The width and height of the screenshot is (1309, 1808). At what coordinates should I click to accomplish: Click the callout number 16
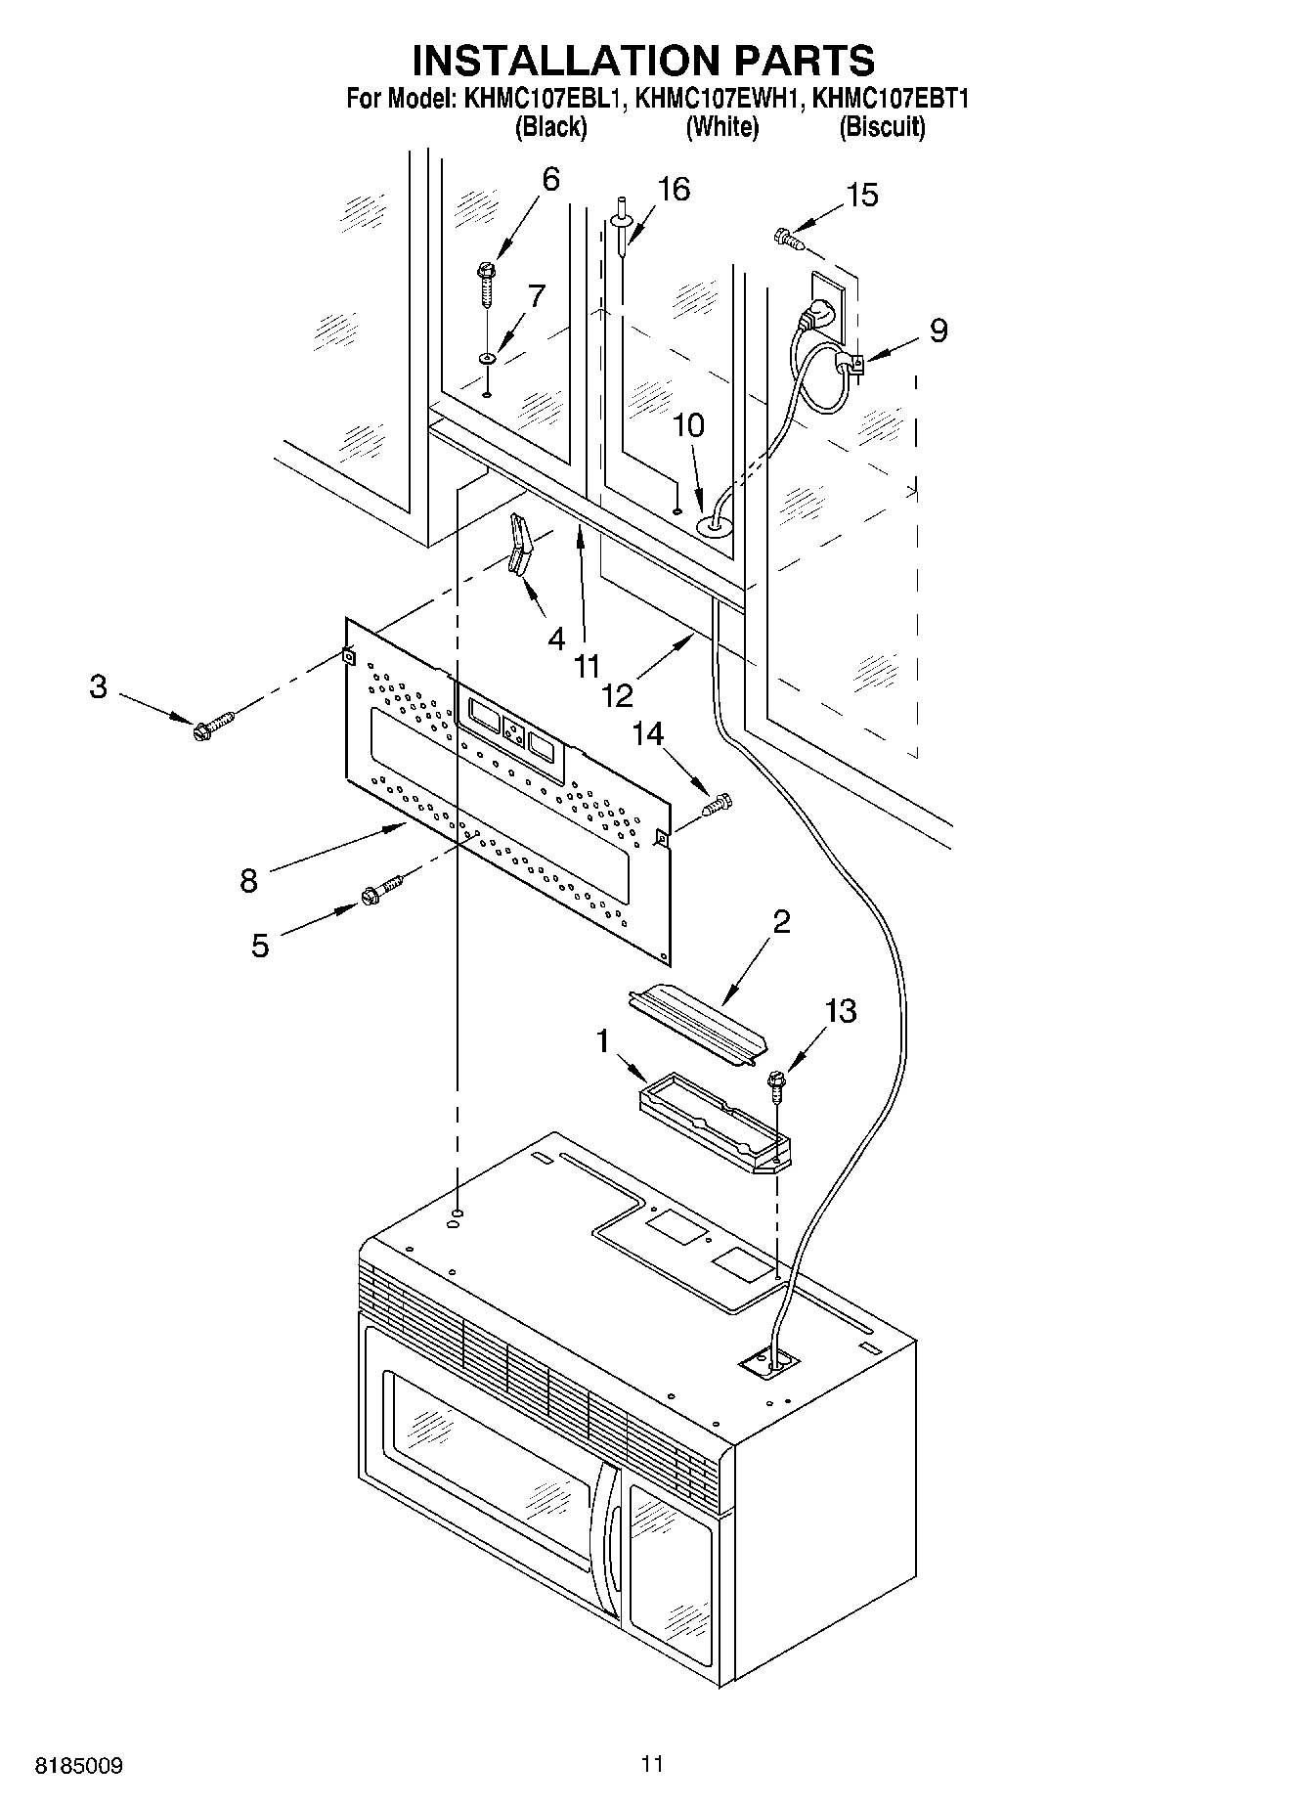[x=675, y=189]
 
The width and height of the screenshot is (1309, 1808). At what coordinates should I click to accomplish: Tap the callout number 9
[x=938, y=331]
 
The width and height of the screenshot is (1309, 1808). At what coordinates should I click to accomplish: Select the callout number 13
[x=841, y=1010]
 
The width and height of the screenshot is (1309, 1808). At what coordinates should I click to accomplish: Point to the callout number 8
[x=249, y=881]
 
